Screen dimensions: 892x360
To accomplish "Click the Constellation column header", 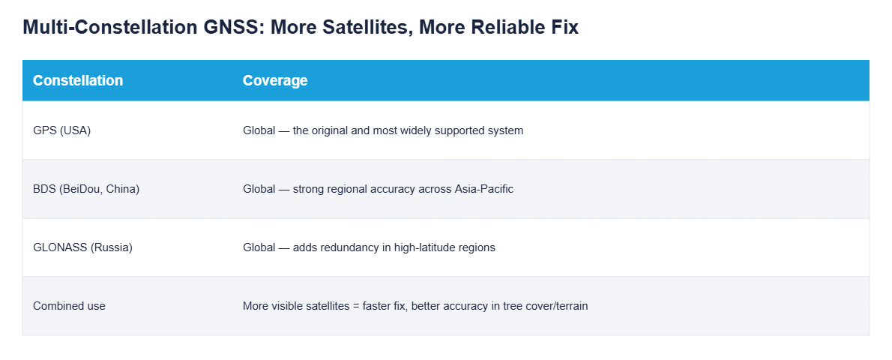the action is [x=78, y=80].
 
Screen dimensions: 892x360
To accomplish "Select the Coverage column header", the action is [x=275, y=81].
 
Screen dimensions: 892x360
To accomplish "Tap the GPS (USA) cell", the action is [x=62, y=130].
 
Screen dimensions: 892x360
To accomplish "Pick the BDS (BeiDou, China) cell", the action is [x=86, y=189].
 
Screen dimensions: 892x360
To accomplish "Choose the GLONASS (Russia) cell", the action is [x=82, y=247].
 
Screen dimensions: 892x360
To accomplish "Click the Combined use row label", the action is [x=70, y=306].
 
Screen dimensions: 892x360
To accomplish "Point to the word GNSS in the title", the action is [x=232, y=27].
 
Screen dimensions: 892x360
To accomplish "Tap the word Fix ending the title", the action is [x=564, y=27].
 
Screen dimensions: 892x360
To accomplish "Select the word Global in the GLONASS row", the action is [x=259, y=247].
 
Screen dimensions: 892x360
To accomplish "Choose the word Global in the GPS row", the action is [x=259, y=130].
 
